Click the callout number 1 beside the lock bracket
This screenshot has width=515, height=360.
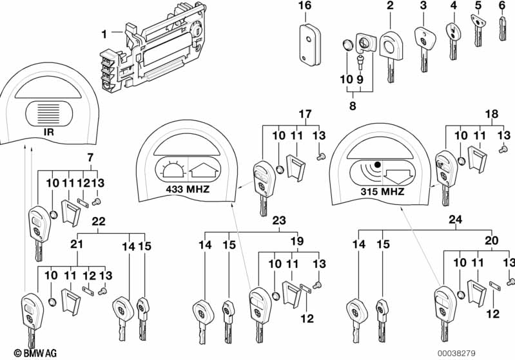pyautogui.click(x=104, y=33)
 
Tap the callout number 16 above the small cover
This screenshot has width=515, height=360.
pyautogui.click(x=305, y=6)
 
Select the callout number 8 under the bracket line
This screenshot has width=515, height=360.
pyautogui.click(x=353, y=106)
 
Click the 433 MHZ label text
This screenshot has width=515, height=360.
pyautogui.click(x=188, y=189)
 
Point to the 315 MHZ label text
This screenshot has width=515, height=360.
pyautogui.click(x=382, y=191)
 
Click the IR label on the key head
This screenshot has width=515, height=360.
pyautogui.click(x=48, y=132)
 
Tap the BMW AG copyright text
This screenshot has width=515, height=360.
pyautogui.click(x=35, y=353)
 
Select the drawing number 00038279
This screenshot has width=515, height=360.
pyautogui.click(x=456, y=354)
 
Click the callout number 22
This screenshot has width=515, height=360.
pyautogui.click(x=99, y=221)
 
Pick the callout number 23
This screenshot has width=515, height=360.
pyautogui.click(x=279, y=220)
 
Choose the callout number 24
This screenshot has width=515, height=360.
pyautogui.click(x=456, y=220)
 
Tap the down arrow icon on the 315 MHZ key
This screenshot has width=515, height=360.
pyautogui.click(x=398, y=176)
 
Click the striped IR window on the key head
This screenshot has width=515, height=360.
pyautogui.click(x=49, y=113)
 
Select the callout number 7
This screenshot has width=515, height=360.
pyautogui.click(x=90, y=158)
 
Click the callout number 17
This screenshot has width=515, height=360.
pyautogui.click(x=305, y=114)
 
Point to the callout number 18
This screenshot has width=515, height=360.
pyautogui.click(x=492, y=114)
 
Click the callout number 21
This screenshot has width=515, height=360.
pyautogui.click(x=77, y=244)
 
